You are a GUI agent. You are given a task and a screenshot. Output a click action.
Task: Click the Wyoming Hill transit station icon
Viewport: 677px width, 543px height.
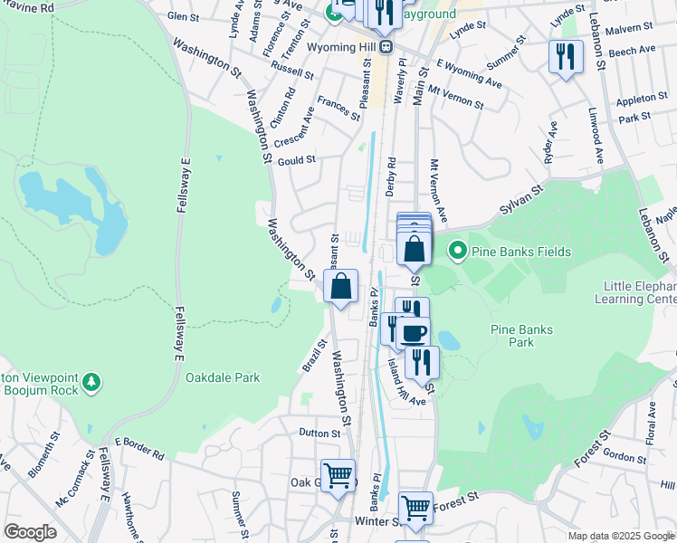point(387,46)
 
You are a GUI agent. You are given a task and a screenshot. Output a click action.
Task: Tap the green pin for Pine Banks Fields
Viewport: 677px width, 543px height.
point(457,251)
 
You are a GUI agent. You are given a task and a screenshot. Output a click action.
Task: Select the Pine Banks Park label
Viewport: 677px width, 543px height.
point(520,336)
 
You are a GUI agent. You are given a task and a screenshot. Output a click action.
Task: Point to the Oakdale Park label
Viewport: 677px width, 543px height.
point(223,377)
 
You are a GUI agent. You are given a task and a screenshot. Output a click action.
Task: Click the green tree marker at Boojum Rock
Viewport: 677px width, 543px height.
point(91,384)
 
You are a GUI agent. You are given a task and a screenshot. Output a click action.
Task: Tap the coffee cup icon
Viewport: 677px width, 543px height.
point(415,332)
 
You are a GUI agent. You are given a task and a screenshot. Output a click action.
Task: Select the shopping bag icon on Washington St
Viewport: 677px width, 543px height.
point(340,288)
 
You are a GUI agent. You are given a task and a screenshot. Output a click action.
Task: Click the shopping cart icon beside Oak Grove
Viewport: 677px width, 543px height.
point(338,474)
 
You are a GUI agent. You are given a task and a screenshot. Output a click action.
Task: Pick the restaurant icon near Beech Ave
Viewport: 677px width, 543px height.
point(566,56)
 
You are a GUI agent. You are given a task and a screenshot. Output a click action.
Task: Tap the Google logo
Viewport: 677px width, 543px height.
point(30,532)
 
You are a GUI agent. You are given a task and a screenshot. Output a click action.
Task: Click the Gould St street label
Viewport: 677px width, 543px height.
point(296,160)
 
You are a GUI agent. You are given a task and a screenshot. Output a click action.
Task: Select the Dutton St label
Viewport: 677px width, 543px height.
point(321,433)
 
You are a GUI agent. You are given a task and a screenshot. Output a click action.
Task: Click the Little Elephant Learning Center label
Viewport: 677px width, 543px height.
point(640,292)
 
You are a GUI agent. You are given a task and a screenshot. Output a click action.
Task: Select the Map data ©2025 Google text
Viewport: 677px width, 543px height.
point(621,536)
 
